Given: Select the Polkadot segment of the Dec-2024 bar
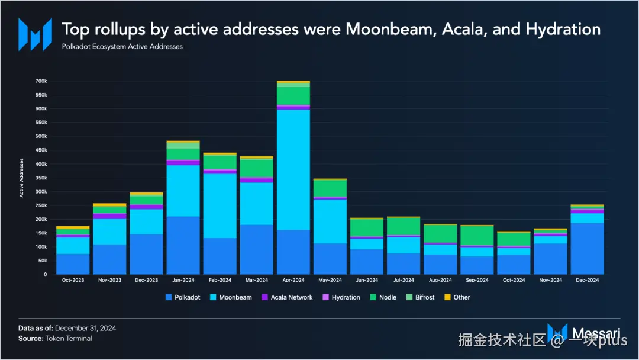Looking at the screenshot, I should click(587, 249).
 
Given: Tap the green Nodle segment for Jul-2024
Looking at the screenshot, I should click(403, 226).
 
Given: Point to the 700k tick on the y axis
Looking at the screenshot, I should click(41, 81).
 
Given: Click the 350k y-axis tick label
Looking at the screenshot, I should click(41, 178).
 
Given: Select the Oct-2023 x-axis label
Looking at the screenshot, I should click(73, 280).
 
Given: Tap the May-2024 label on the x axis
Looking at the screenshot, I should click(330, 280).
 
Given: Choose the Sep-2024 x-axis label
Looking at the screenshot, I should click(477, 280).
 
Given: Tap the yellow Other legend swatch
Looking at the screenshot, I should click(447, 297).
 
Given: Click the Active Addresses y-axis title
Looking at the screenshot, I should click(22, 178).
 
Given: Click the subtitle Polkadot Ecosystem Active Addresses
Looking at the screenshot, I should click(122, 47).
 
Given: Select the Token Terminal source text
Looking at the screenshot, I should click(69, 339).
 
